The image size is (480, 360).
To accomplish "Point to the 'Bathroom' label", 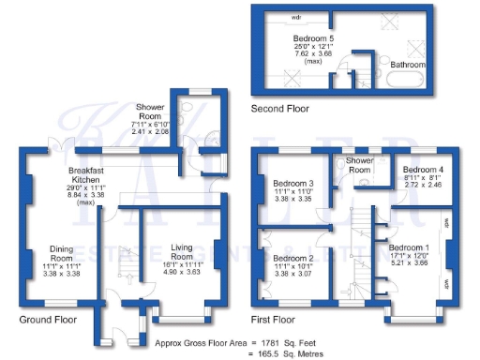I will click(x=409, y=65).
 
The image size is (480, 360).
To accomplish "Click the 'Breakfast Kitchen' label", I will click(x=86, y=176).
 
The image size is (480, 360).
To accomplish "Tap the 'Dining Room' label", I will click(x=62, y=254).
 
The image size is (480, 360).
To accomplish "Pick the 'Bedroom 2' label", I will click(x=292, y=257).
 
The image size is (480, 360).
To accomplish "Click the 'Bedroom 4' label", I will click(x=413, y=170).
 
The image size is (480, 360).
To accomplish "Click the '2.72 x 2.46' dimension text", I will click(x=413, y=187).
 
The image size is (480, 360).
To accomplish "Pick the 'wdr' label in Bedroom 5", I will click(x=295, y=17).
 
